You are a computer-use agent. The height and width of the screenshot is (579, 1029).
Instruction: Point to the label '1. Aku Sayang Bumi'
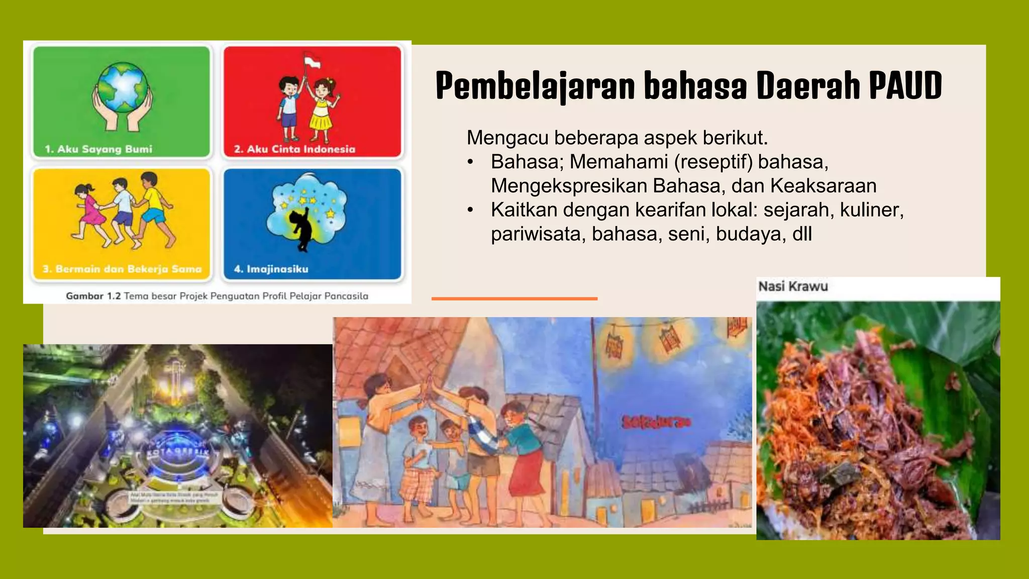[98, 149]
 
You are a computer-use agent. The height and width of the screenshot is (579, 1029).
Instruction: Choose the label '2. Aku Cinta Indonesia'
[294, 149]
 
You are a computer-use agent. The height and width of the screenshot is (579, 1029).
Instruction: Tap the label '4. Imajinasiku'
[271, 269]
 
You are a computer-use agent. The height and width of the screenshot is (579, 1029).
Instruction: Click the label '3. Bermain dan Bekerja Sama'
[122, 269]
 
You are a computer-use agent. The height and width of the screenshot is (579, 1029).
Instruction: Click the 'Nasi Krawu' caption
[793, 286]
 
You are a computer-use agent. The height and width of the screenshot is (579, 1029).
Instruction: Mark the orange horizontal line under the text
[514, 299]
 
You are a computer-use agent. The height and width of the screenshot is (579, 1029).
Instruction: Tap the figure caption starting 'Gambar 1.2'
[217, 296]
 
